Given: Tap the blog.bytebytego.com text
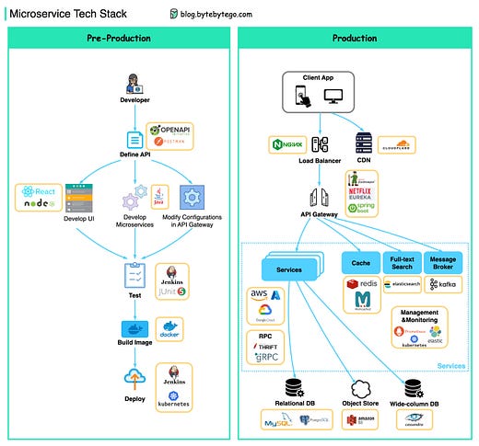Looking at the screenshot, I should pos(220,15).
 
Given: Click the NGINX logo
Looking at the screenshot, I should pos(286,144).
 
